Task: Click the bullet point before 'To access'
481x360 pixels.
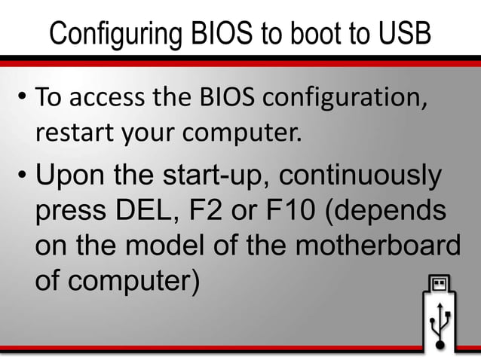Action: (22, 98)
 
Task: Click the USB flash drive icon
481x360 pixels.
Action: (440, 314)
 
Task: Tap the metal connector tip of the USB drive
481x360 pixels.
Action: (440, 285)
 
